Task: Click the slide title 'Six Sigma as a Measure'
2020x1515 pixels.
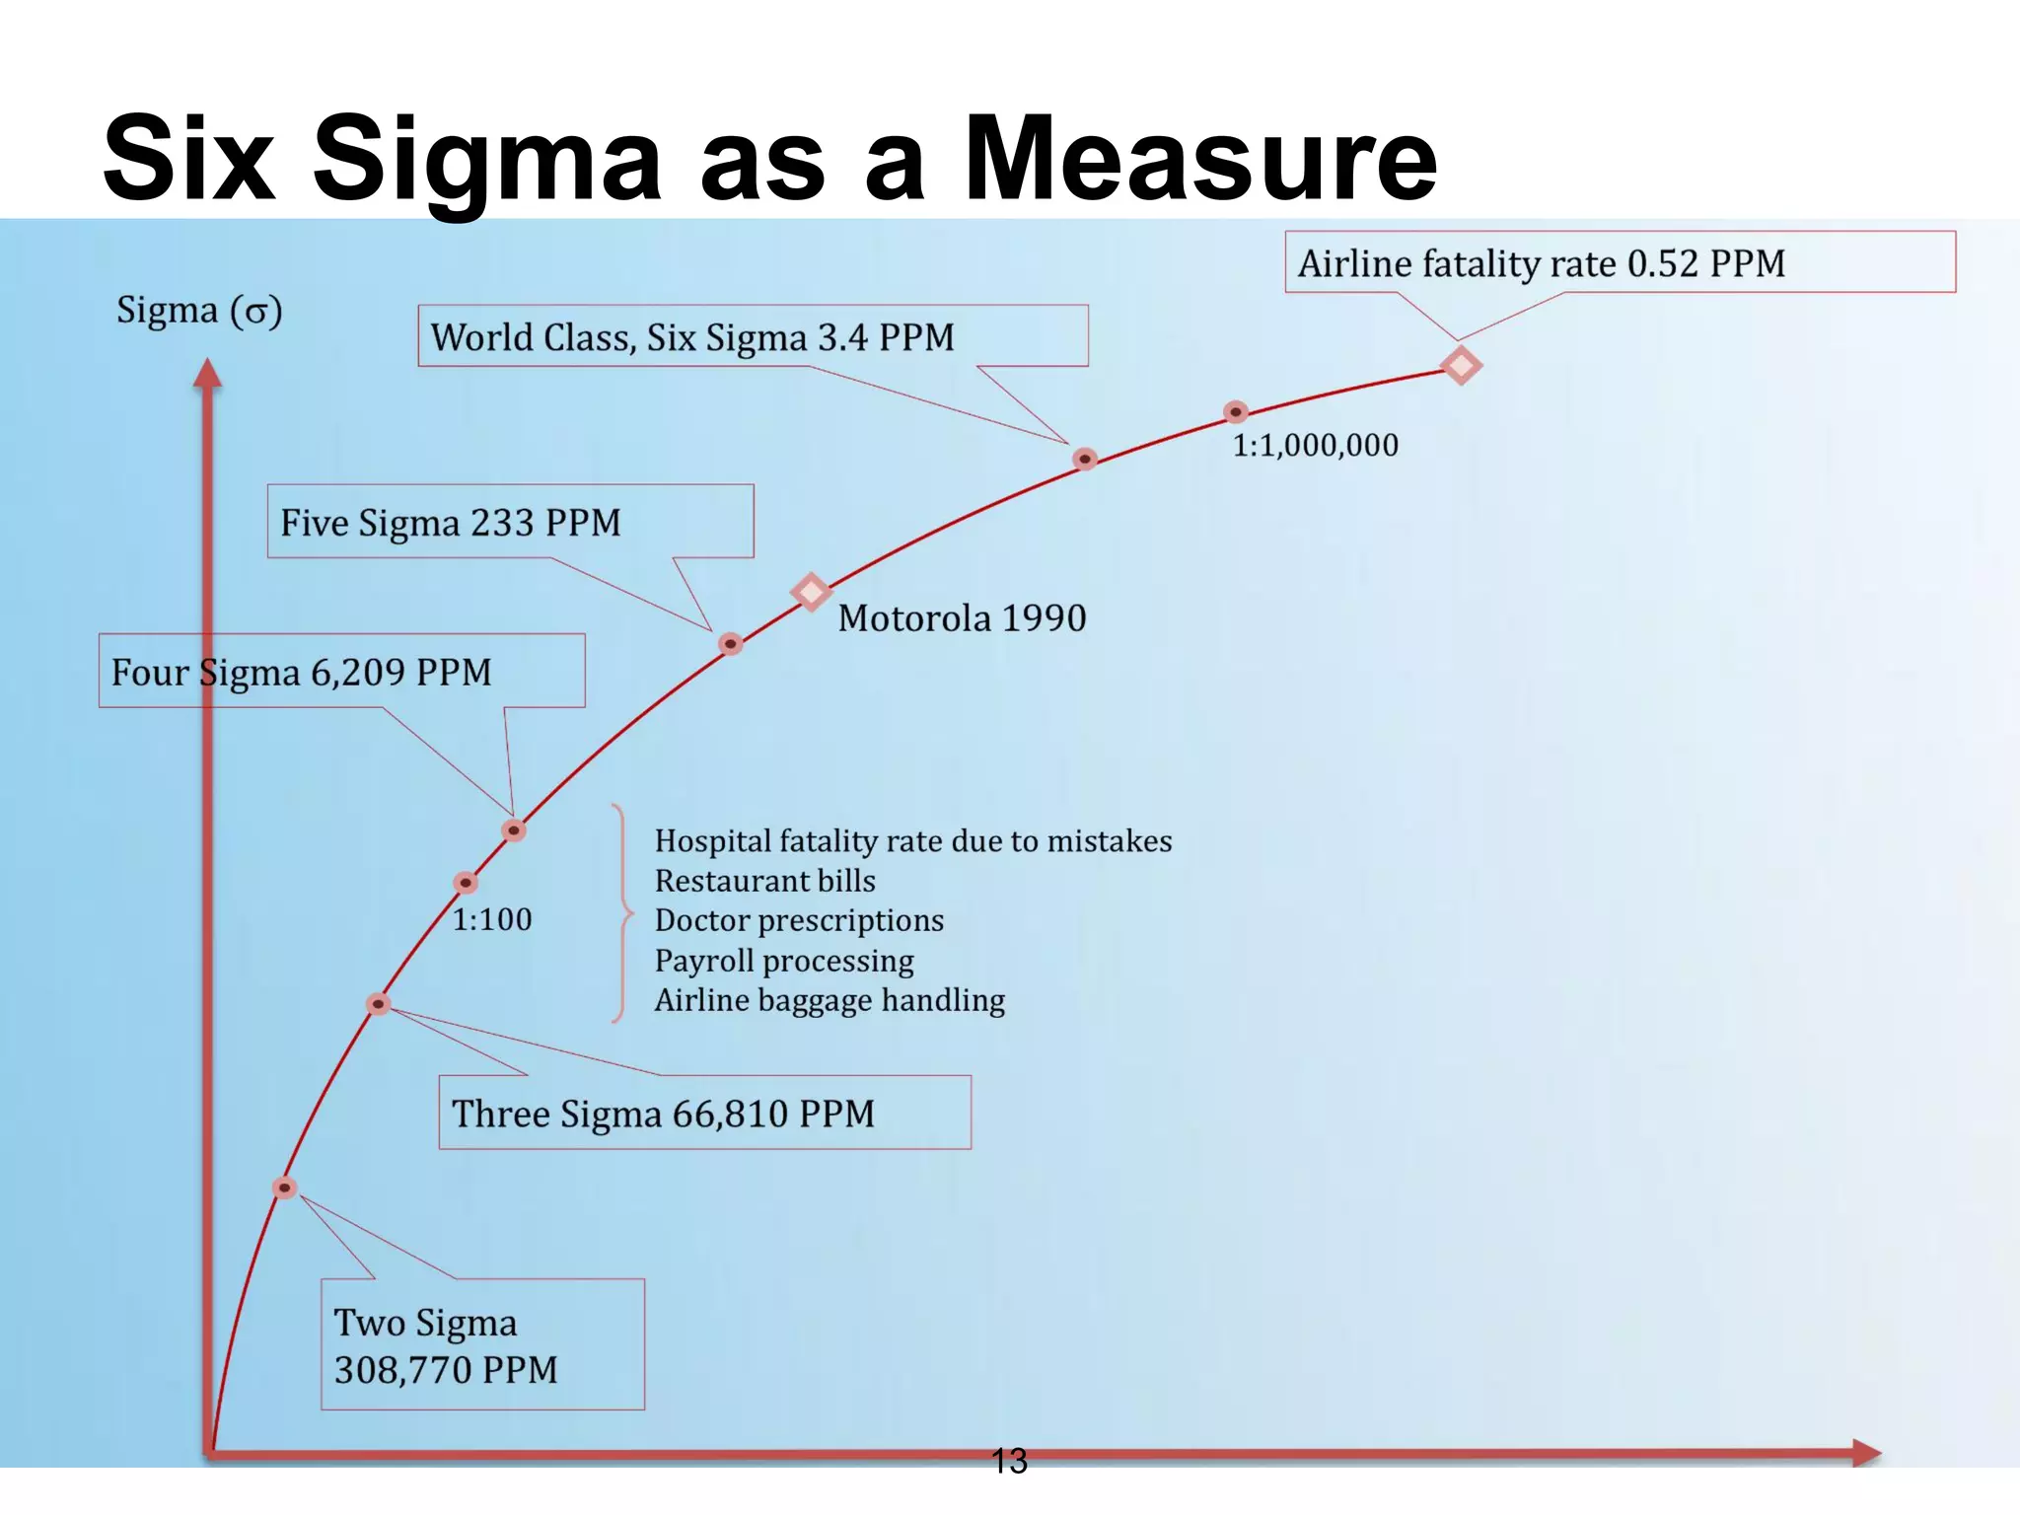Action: tap(769, 158)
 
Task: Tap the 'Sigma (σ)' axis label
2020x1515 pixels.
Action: tap(199, 311)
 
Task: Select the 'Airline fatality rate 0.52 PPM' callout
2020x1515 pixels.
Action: tap(1619, 262)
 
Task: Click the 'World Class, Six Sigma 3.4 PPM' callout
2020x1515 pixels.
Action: tap(752, 336)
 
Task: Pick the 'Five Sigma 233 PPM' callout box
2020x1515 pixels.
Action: tap(510, 522)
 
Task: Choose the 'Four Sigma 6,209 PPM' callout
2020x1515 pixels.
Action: tap(341, 672)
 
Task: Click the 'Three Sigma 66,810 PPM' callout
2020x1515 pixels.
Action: tap(704, 1113)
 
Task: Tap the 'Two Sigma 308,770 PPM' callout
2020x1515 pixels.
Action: tap(482, 1344)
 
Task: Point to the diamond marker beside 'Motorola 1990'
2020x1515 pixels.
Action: tap(811, 592)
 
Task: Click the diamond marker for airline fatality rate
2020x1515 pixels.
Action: tap(1461, 365)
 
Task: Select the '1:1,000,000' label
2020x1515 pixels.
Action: tap(1315, 445)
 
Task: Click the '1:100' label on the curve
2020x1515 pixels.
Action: tap(492, 919)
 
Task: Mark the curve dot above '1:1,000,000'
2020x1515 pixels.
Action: tap(1236, 411)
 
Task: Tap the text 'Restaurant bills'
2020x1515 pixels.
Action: tap(765, 880)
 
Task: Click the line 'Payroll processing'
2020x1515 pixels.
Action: tap(784, 960)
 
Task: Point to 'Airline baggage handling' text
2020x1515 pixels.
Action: tap(830, 1000)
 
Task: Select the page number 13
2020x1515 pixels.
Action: tap(1009, 1461)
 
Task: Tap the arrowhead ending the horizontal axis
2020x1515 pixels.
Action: tap(1867, 1452)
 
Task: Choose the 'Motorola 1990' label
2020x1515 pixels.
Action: tap(962, 618)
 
